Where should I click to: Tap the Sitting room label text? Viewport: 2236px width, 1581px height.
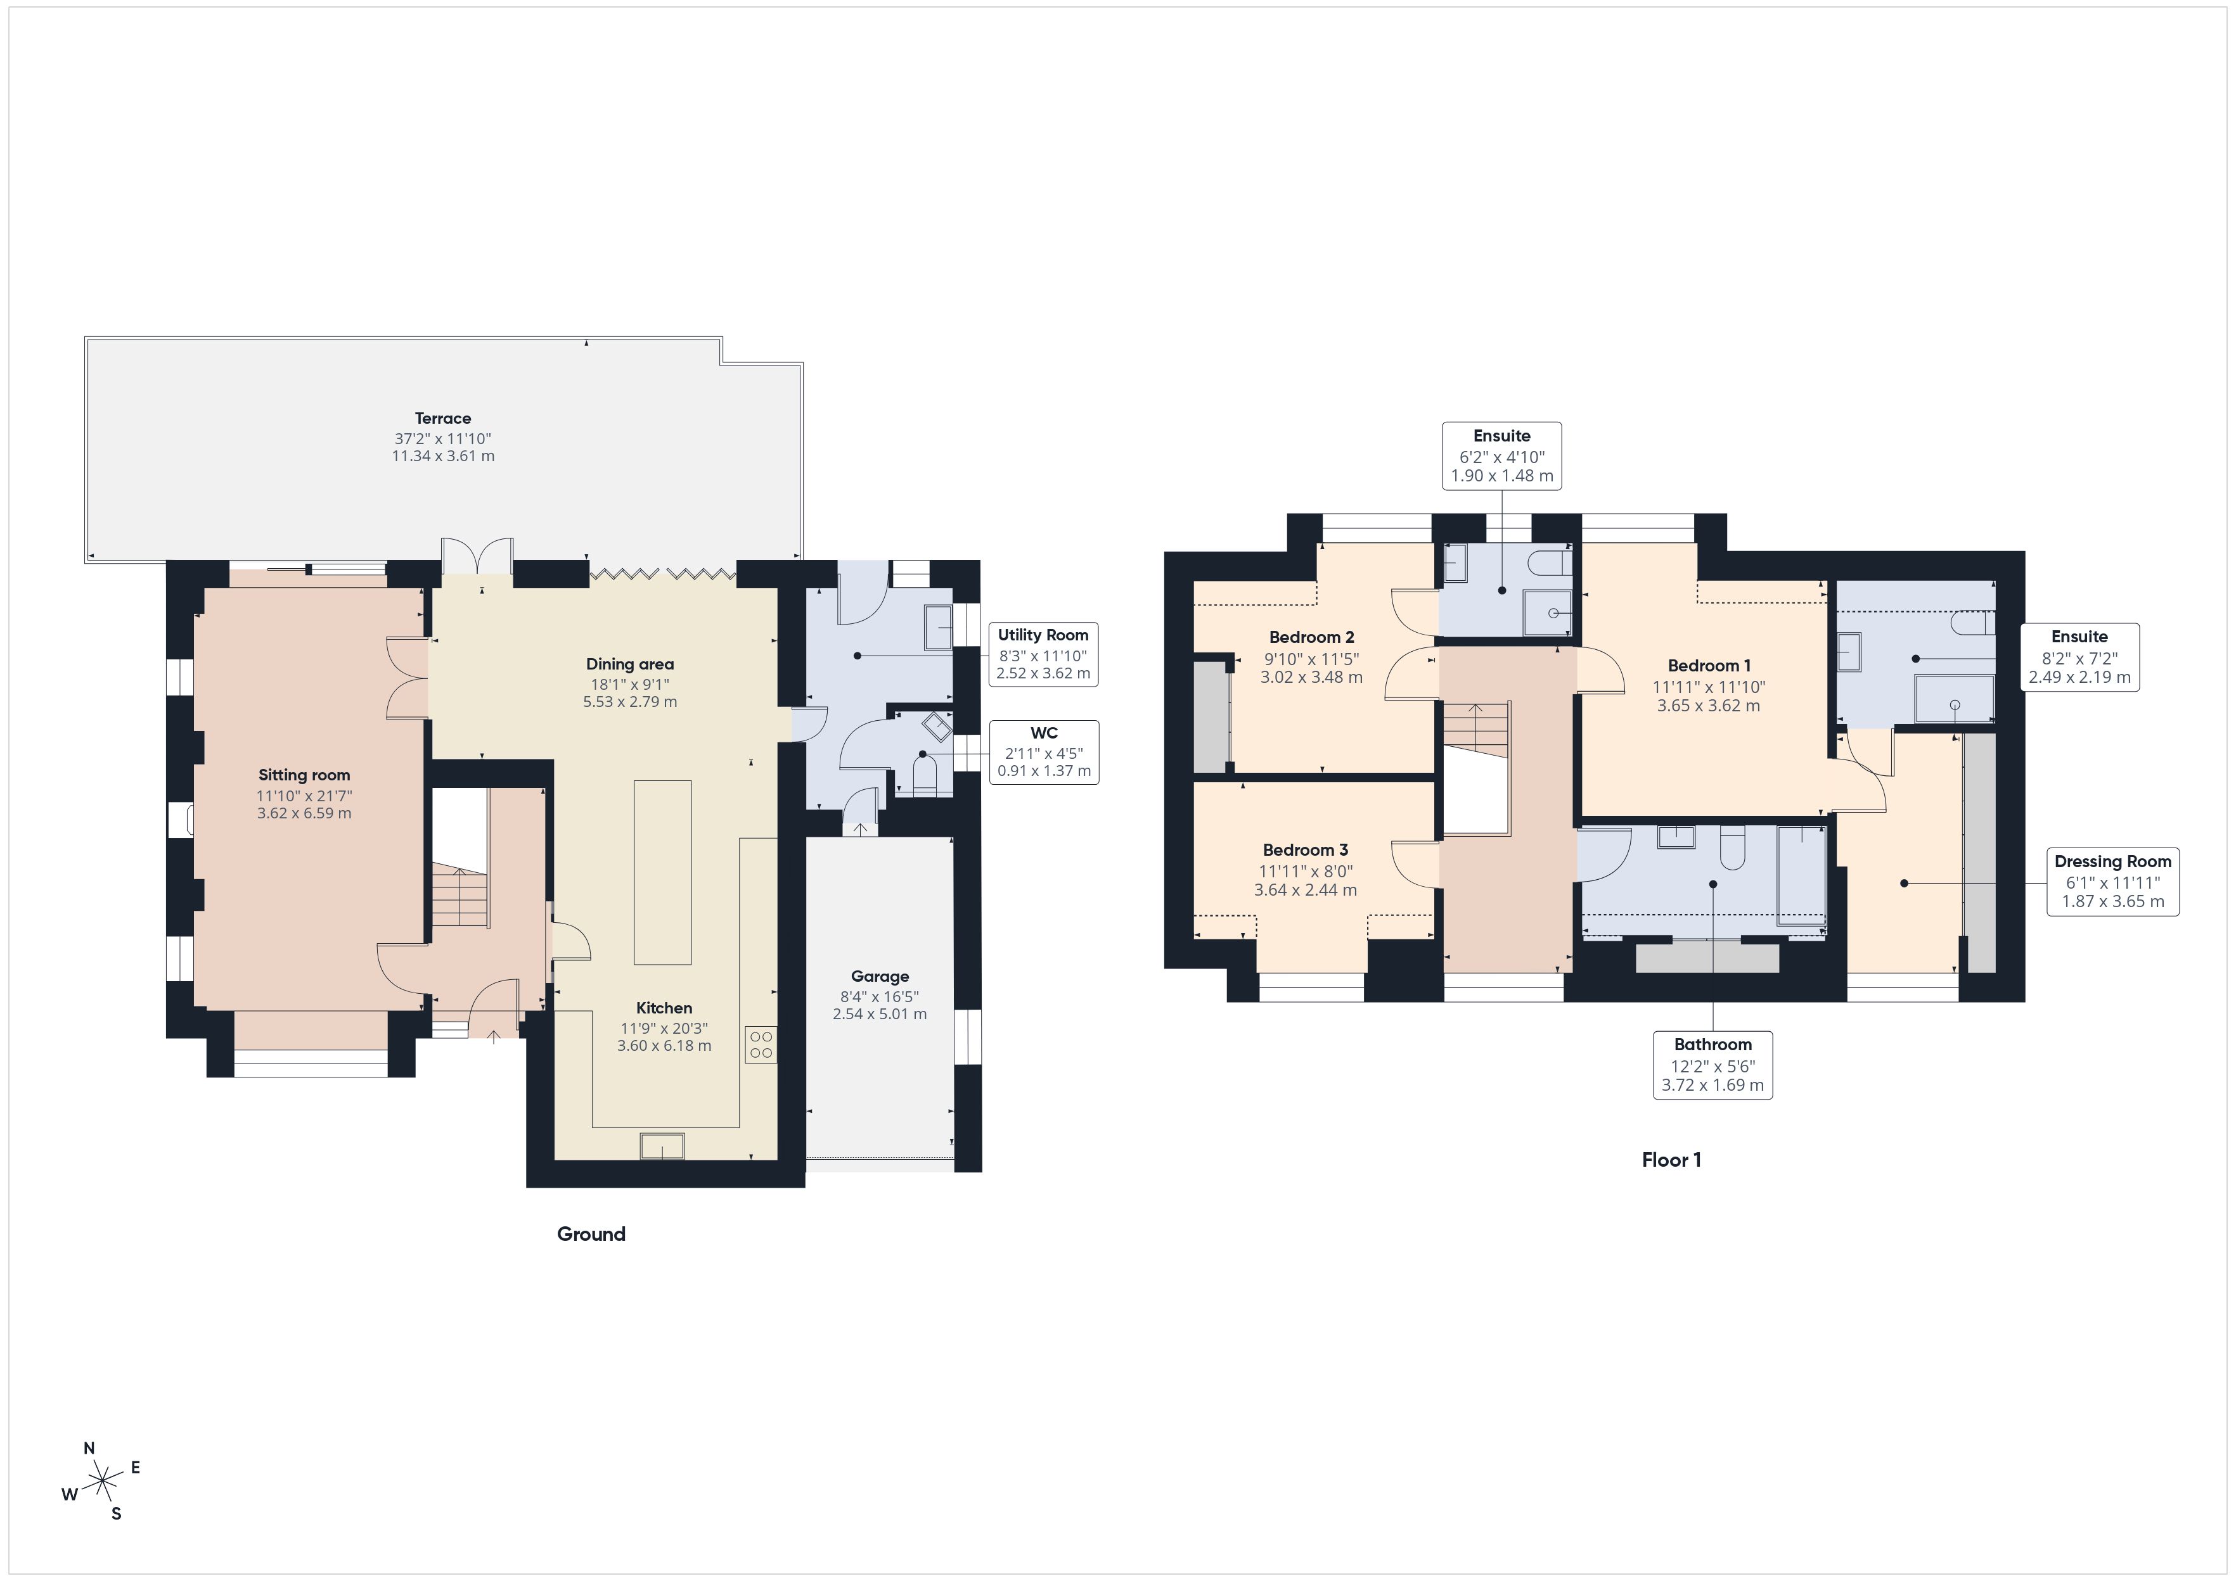[x=304, y=775]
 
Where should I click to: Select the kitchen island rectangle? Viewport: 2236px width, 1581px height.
[x=662, y=872]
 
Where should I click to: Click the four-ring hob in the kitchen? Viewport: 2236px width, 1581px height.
[x=762, y=1044]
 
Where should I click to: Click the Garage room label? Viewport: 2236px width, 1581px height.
[x=880, y=977]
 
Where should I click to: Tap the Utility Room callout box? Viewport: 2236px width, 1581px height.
[x=1043, y=654]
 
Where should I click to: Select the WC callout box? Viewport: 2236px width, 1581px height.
[x=1043, y=752]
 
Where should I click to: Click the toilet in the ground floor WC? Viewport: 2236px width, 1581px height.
[x=923, y=775]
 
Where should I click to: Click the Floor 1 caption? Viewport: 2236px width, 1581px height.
[x=1671, y=1160]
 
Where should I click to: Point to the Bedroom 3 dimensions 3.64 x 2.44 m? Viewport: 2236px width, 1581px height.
[x=1305, y=890]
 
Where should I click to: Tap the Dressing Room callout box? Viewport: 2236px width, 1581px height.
[x=2112, y=881]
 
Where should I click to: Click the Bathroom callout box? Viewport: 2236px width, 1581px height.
[x=1712, y=1065]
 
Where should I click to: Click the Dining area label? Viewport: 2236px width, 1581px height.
[x=629, y=664]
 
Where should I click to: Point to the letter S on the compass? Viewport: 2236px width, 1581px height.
[x=116, y=1514]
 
